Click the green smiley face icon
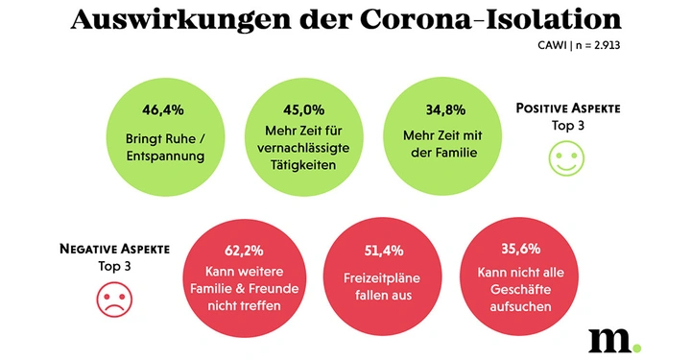(x=566, y=158)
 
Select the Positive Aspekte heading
(x=567, y=108)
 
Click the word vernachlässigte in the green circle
(x=296, y=148)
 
